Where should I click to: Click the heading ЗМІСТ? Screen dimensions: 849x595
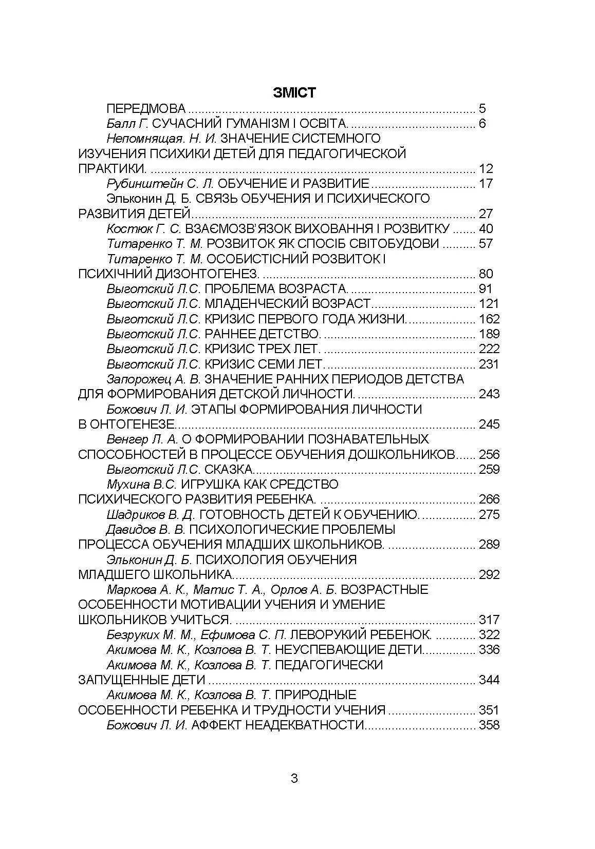294,93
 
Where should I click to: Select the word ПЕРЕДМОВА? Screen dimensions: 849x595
146,109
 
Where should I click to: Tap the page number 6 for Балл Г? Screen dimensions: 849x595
482,124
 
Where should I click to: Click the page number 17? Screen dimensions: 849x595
486,184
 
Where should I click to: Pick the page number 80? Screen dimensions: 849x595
486,274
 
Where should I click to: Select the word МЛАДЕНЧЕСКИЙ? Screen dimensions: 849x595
250,304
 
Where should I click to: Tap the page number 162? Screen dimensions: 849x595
489,319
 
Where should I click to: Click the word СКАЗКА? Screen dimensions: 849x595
229,470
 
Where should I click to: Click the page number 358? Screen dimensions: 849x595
489,725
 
